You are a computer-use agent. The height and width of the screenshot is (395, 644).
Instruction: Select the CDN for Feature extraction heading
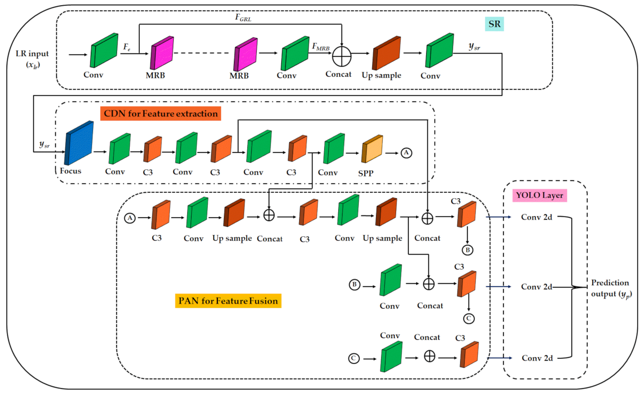[160, 114]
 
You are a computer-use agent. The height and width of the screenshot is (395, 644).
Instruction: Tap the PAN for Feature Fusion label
[228, 301]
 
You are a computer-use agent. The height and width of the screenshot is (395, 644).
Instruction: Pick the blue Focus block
[79, 143]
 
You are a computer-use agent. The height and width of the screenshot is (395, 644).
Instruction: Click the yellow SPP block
[372, 149]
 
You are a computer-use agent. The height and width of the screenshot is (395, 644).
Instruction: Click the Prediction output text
[612, 287]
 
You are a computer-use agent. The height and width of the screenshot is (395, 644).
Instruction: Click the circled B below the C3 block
[467, 250]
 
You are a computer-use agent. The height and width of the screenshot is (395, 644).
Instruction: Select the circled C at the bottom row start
[354, 358]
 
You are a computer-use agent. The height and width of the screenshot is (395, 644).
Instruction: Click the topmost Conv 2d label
[536, 217]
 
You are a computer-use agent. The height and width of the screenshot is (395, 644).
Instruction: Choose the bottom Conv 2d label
[536, 357]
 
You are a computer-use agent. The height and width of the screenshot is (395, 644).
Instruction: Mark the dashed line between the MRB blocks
[202, 54]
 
